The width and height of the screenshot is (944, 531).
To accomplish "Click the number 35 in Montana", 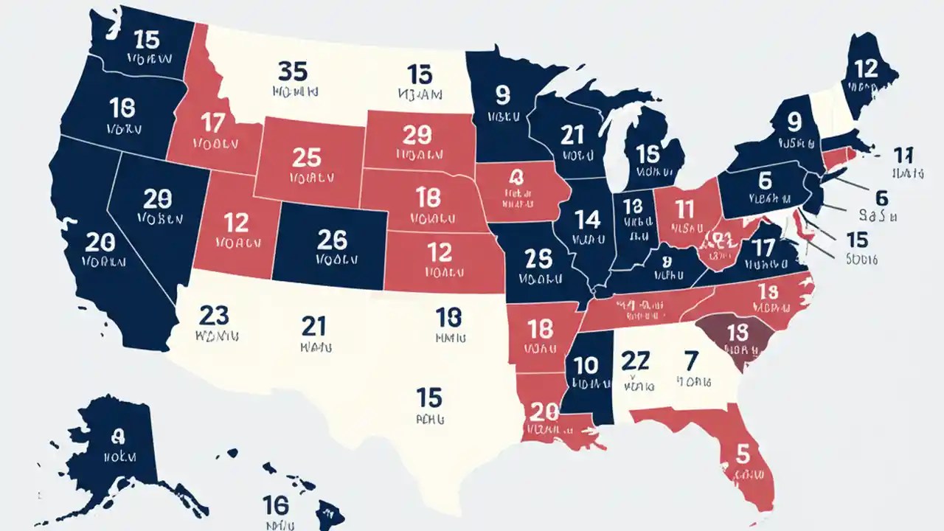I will point(293,72).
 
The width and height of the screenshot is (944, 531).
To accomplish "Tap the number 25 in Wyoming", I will point(307,157).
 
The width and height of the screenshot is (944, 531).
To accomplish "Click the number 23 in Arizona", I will point(215,315).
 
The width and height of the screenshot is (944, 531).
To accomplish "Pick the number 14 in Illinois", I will point(588,219).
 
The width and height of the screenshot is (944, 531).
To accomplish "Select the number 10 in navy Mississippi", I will point(586,365).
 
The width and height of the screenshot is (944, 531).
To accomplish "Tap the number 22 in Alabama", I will point(635,361).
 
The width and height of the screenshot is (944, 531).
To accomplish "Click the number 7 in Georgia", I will point(690,361).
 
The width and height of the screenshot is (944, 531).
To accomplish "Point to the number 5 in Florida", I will point(743,451).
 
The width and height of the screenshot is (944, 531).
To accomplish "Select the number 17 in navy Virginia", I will point(763,248).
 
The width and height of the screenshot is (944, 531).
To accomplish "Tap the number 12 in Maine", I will point(866,69).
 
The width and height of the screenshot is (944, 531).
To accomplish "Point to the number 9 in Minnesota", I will point(504,94).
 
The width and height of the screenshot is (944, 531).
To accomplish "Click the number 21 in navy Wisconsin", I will point(572,135).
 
